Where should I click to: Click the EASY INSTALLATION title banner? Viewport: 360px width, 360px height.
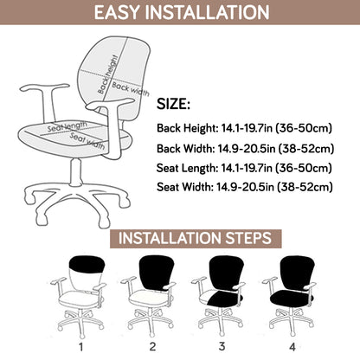(x=180, y=13)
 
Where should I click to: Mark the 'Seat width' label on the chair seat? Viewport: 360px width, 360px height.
(x=85, y=138)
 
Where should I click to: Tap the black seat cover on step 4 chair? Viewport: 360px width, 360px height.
(x=294, y=299)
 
